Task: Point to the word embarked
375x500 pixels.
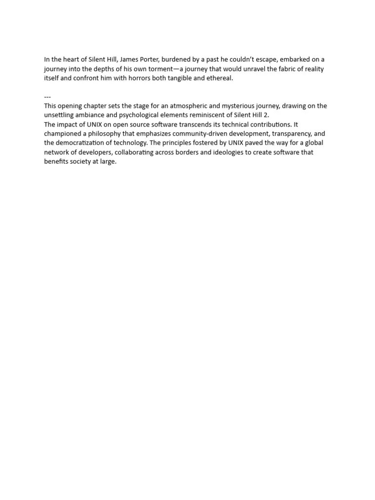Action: click(296, 60)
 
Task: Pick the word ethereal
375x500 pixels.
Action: click(219, 78)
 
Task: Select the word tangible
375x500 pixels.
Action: click(180, 78)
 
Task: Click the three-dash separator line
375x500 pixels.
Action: click(47, 97)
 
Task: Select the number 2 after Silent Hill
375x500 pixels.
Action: click(266, 115)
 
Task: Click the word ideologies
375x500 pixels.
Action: click(225, 152)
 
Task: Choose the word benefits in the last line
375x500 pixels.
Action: click(56, 162)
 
